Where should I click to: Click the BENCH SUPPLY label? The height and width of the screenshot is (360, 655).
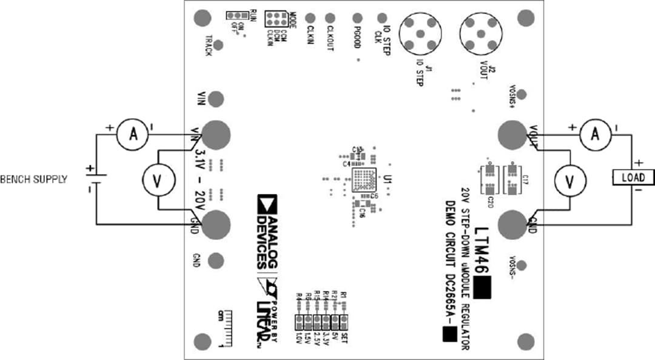34,179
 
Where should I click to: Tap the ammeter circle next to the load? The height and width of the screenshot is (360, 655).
594,135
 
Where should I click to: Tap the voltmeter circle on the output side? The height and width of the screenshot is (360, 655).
569,179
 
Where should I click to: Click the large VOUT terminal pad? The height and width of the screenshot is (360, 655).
511,134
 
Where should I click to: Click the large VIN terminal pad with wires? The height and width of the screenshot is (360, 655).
217,134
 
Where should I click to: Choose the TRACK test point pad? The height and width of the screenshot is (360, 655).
201,19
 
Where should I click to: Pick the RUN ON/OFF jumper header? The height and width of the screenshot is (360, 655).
234,15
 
